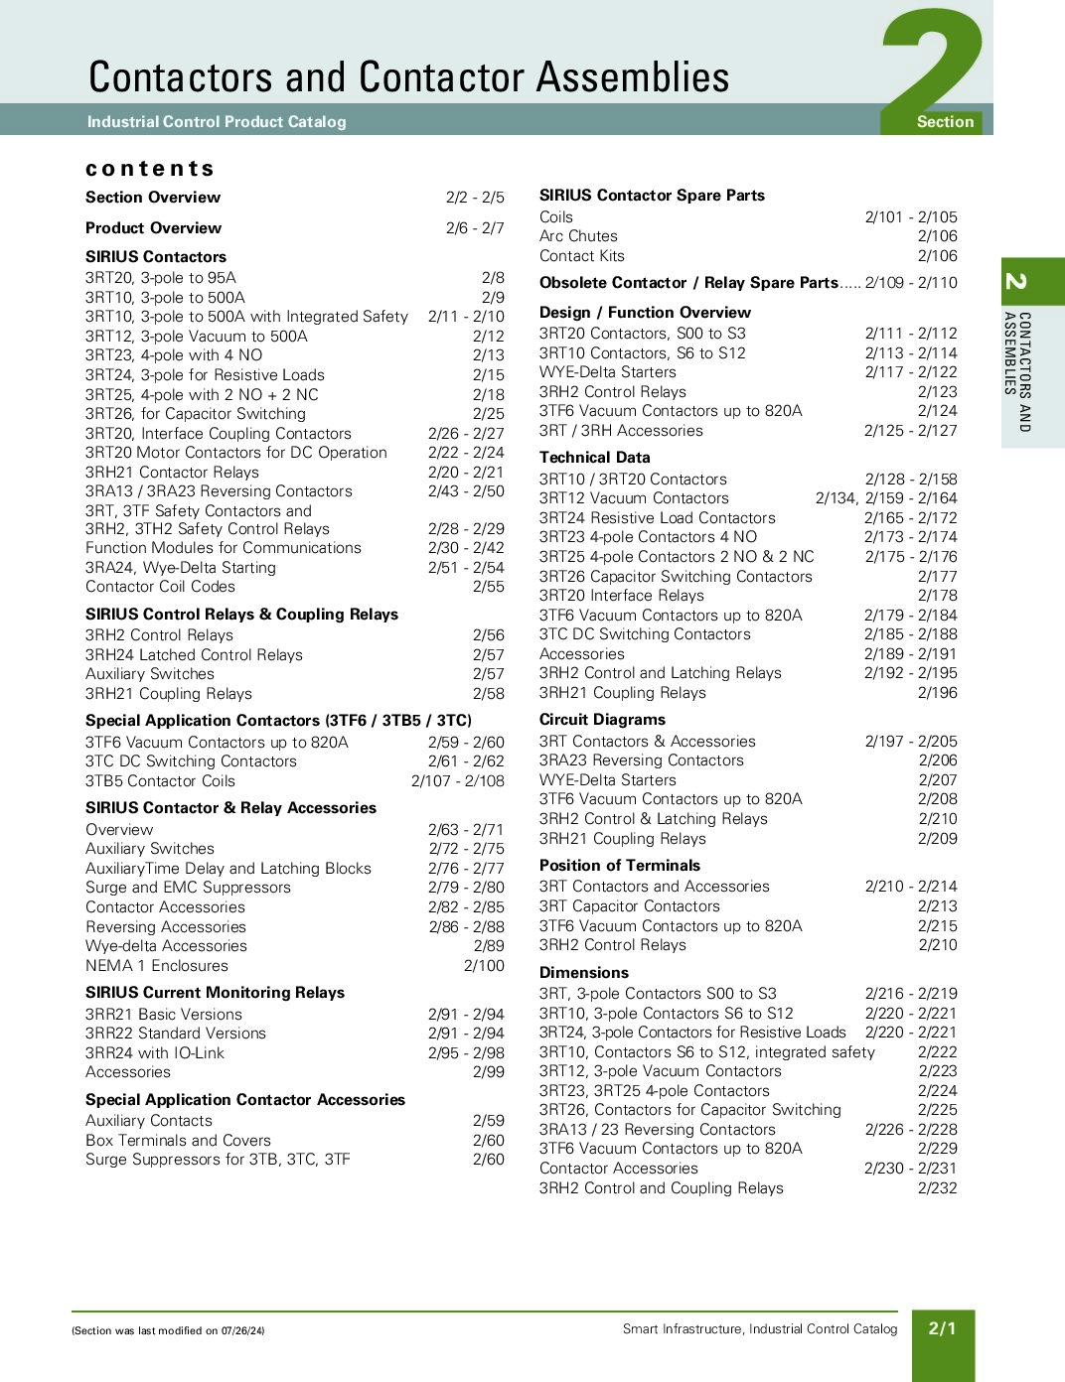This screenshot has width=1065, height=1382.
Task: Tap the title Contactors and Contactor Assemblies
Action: (x=408, y=77)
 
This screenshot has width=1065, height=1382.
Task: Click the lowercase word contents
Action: (x=150, y=169)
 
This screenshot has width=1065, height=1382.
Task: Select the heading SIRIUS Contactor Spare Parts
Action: (x=652, y=196)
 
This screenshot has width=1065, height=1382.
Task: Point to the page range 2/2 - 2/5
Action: (x=475, y=198)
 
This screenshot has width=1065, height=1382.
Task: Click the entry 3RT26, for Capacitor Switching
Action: (x=196, y=414)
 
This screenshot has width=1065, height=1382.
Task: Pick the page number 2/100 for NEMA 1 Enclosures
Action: (x=484, y=966)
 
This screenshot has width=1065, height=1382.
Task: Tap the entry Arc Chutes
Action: (x=578, y=236)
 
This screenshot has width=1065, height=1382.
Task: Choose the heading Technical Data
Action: (x=594, y=458)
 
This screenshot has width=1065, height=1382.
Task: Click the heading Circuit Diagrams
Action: (x=602, y=720)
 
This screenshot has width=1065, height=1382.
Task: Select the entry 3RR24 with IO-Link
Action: (x=155, y=1053)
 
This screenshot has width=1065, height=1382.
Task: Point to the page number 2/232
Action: (x=937, y=1188)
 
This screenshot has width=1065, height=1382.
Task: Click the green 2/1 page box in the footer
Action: (x=942, y=1328)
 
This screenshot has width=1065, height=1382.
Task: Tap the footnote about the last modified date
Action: (x=168, y=1331)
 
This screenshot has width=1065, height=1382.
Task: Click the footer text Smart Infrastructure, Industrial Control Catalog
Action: (x=760, y=1329)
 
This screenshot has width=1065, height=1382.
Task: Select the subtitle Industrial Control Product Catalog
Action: (x=217, y=122)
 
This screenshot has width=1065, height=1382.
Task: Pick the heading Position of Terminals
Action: (x=619, y=866)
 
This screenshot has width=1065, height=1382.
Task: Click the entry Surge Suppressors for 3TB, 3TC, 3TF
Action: (x=218, y=1160)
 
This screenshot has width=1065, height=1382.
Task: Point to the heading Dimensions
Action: (x=584, y=973)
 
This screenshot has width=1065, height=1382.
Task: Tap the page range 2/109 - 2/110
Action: (x=911, y=283)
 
